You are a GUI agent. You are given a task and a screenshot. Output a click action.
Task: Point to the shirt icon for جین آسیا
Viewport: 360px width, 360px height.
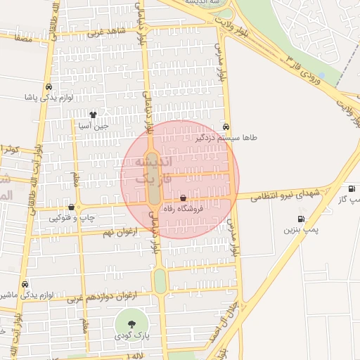[93, 114]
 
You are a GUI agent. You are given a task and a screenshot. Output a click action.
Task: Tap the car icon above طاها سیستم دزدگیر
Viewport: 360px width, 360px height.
[226, 127]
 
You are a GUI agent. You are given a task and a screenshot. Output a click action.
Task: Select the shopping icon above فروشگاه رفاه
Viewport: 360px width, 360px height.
[184, 198]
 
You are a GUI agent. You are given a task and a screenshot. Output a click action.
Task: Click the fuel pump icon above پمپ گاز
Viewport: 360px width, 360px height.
[351, 189]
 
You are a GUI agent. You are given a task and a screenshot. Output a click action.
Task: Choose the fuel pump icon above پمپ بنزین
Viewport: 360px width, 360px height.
[302, 219]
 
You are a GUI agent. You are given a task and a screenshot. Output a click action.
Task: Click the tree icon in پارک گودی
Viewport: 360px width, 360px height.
[132, 323]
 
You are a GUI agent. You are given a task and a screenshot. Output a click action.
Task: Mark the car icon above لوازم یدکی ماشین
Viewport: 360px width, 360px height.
[26, 285]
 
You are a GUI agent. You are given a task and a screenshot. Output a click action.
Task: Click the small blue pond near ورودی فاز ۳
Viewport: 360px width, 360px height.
[321, 75]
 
